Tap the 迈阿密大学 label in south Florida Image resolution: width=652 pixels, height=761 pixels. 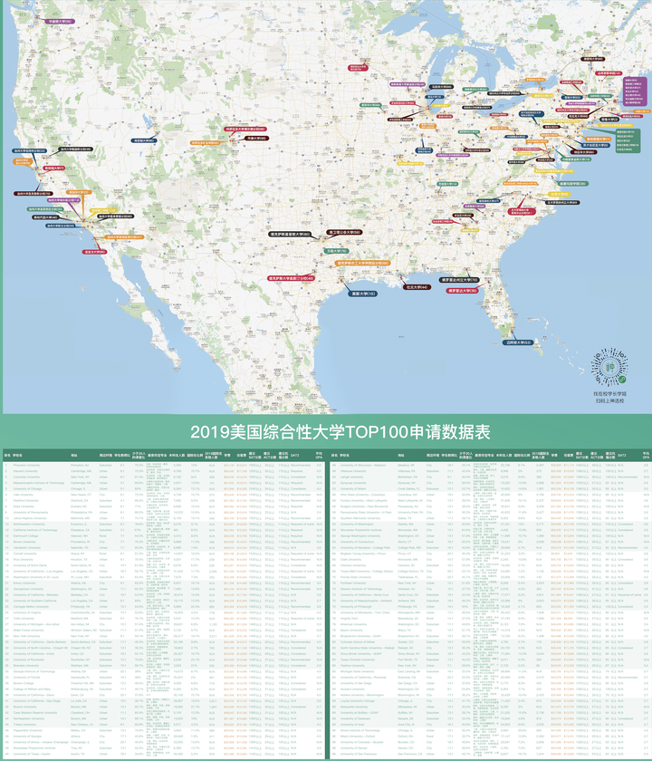tap(519, 342)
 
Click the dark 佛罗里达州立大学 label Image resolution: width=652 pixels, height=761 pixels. tap(460, 281)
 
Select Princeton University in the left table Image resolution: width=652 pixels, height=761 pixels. tap(27, 465)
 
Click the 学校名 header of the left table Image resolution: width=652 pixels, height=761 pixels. tap(17, 455)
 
